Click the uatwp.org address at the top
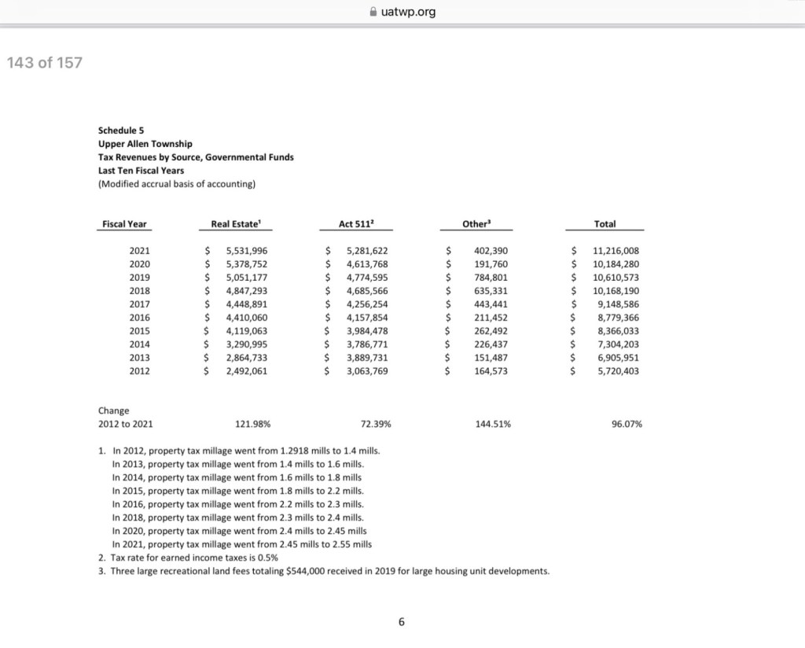407,12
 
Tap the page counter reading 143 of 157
44,63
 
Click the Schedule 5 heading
121,130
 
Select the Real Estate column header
235,224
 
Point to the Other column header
476,224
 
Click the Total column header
605,224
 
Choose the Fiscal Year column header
124,224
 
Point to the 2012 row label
139,371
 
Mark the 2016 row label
139,318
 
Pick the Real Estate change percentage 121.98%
253,424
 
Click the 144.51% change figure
494,424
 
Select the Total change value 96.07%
627,424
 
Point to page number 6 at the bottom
401,622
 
